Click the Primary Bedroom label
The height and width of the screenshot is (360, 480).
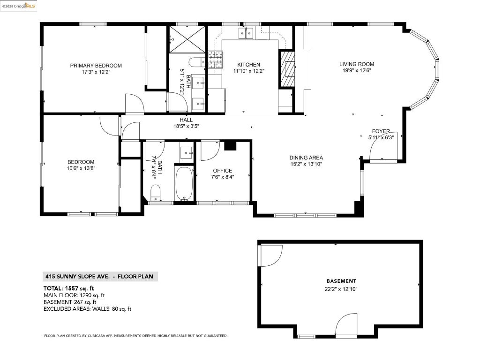(x=96, y=66)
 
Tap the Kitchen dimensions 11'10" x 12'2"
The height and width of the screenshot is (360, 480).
(x=248, y=71)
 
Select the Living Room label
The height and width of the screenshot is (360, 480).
(x=357, y=64)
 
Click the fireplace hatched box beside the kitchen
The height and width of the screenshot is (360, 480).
(x=287, y=69)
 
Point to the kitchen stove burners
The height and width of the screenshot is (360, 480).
(x=216, y=60)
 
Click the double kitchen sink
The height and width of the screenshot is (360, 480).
(x=246, y=33)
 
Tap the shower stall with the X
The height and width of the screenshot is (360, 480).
(x=187, y=39)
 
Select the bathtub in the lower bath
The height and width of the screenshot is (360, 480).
(x=184, y=183)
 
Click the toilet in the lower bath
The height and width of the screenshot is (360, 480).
(x=156, y=192)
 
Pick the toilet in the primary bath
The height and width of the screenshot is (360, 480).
(x=197, y=62)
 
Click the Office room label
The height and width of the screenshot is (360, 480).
(x=223, y=171)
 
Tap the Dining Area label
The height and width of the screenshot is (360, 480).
(x=306, y=157)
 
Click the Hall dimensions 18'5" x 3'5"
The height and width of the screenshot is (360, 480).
(x=186, y=126)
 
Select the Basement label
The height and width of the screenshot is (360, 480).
(x=341, y=281)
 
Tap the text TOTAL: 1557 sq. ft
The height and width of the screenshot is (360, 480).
(x=68, y=288)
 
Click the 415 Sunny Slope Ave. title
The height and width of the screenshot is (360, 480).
(x=77, y=277)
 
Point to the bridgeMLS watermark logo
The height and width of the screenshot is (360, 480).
(x=18, y=6)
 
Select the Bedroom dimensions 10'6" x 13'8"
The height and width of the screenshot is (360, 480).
(x=81, y=168)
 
